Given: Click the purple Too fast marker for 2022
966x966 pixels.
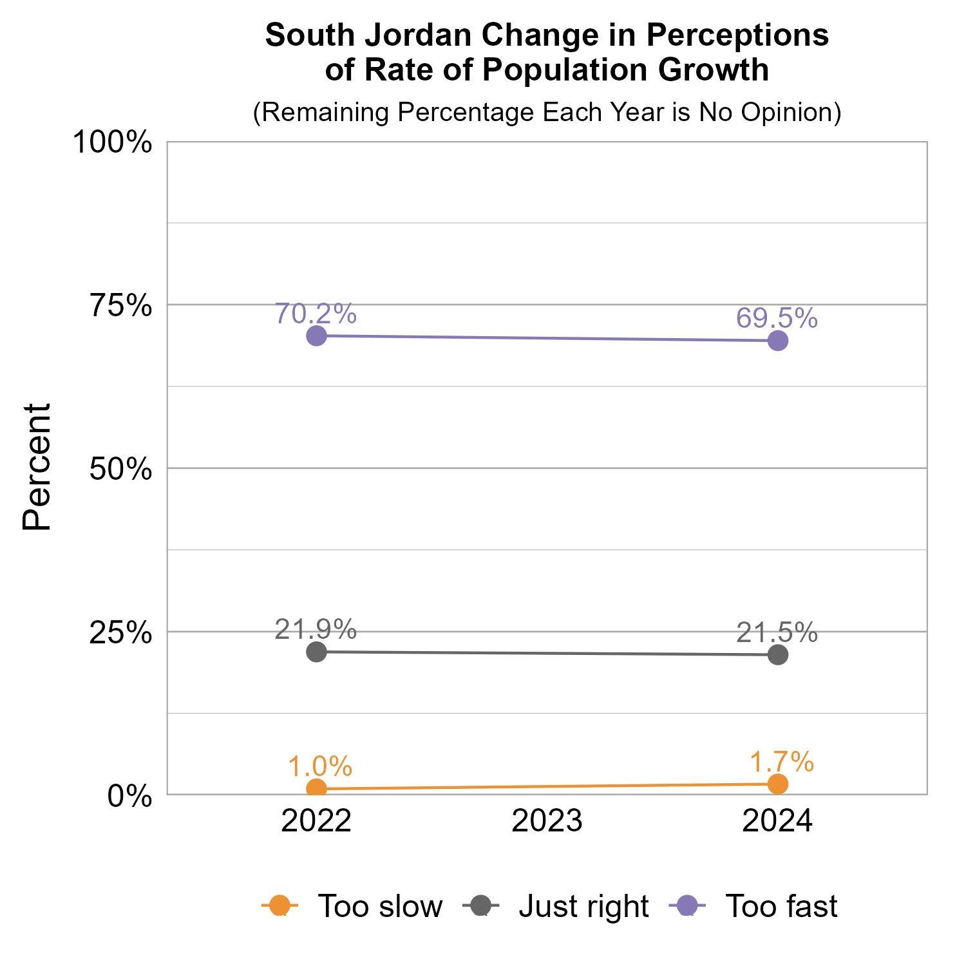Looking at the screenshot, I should click(316, 336).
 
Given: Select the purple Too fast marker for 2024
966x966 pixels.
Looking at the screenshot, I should click(778, 341).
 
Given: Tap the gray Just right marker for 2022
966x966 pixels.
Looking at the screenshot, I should click(316, 652).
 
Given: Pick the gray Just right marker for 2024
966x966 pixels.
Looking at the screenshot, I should click(778, 655).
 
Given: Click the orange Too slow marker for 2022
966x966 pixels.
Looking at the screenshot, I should click(316, 788).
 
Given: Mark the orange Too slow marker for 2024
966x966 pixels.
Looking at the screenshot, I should click(778, 784).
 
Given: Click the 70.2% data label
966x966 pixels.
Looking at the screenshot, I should click(316, 314).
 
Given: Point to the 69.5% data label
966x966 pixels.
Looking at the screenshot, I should click(777, 318).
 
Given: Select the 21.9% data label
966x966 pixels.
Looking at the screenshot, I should click(316, 630).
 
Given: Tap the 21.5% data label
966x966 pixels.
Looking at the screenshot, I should click(777, 633).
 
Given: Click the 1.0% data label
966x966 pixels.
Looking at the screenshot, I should click(319, 767).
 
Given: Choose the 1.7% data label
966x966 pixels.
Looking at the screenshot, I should click(782, 762).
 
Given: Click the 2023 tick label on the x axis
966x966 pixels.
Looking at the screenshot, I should click(547, 822).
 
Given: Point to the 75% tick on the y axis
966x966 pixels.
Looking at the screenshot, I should click(121, 306).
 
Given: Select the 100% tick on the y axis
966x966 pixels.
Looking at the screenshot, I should click(113, 142).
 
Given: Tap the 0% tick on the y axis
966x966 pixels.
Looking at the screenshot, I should click(129, 796).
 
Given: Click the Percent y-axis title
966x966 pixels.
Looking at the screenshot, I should click(37, 468).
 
